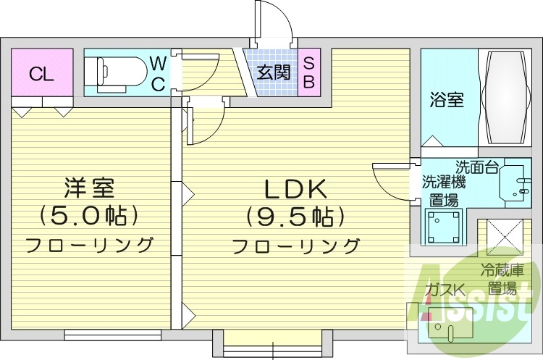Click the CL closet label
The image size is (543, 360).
tap(41, 74)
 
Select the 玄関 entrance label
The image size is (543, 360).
tap(273, 72)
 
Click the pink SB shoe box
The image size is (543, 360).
tap(308, 72)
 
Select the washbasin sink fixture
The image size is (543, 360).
tap(515, 182)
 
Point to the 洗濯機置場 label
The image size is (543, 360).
tap(443, 191)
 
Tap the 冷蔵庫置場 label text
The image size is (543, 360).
tap(501, 280)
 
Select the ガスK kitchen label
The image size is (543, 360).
tap(444, 290)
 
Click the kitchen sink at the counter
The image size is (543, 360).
tap(447, 327)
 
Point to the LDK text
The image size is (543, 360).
tap(295, 190)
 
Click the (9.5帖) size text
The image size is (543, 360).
tap(295, 217)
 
